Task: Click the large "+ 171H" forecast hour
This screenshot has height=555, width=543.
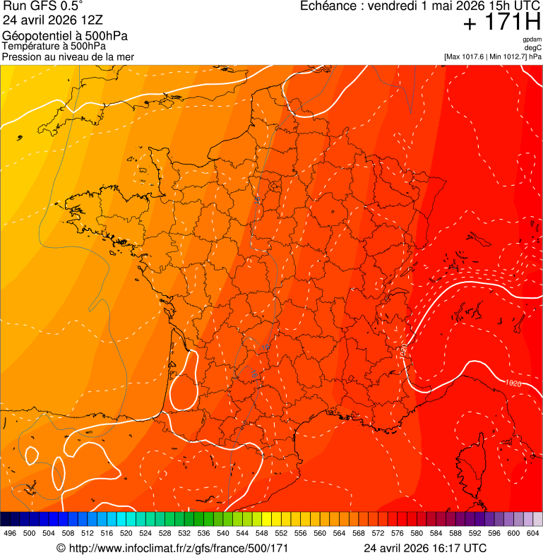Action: [501, 23]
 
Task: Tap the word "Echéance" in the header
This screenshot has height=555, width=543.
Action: [329, 6]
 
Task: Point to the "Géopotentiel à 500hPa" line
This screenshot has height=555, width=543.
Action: [65, 36]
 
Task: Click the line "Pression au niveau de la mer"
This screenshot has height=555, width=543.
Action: [68, 56]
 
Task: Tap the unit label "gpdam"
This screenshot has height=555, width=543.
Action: [532, 40]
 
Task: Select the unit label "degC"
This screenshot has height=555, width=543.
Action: [533, 48]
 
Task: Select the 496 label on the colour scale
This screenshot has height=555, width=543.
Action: [10, 532]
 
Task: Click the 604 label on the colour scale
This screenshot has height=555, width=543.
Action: [533, 532]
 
